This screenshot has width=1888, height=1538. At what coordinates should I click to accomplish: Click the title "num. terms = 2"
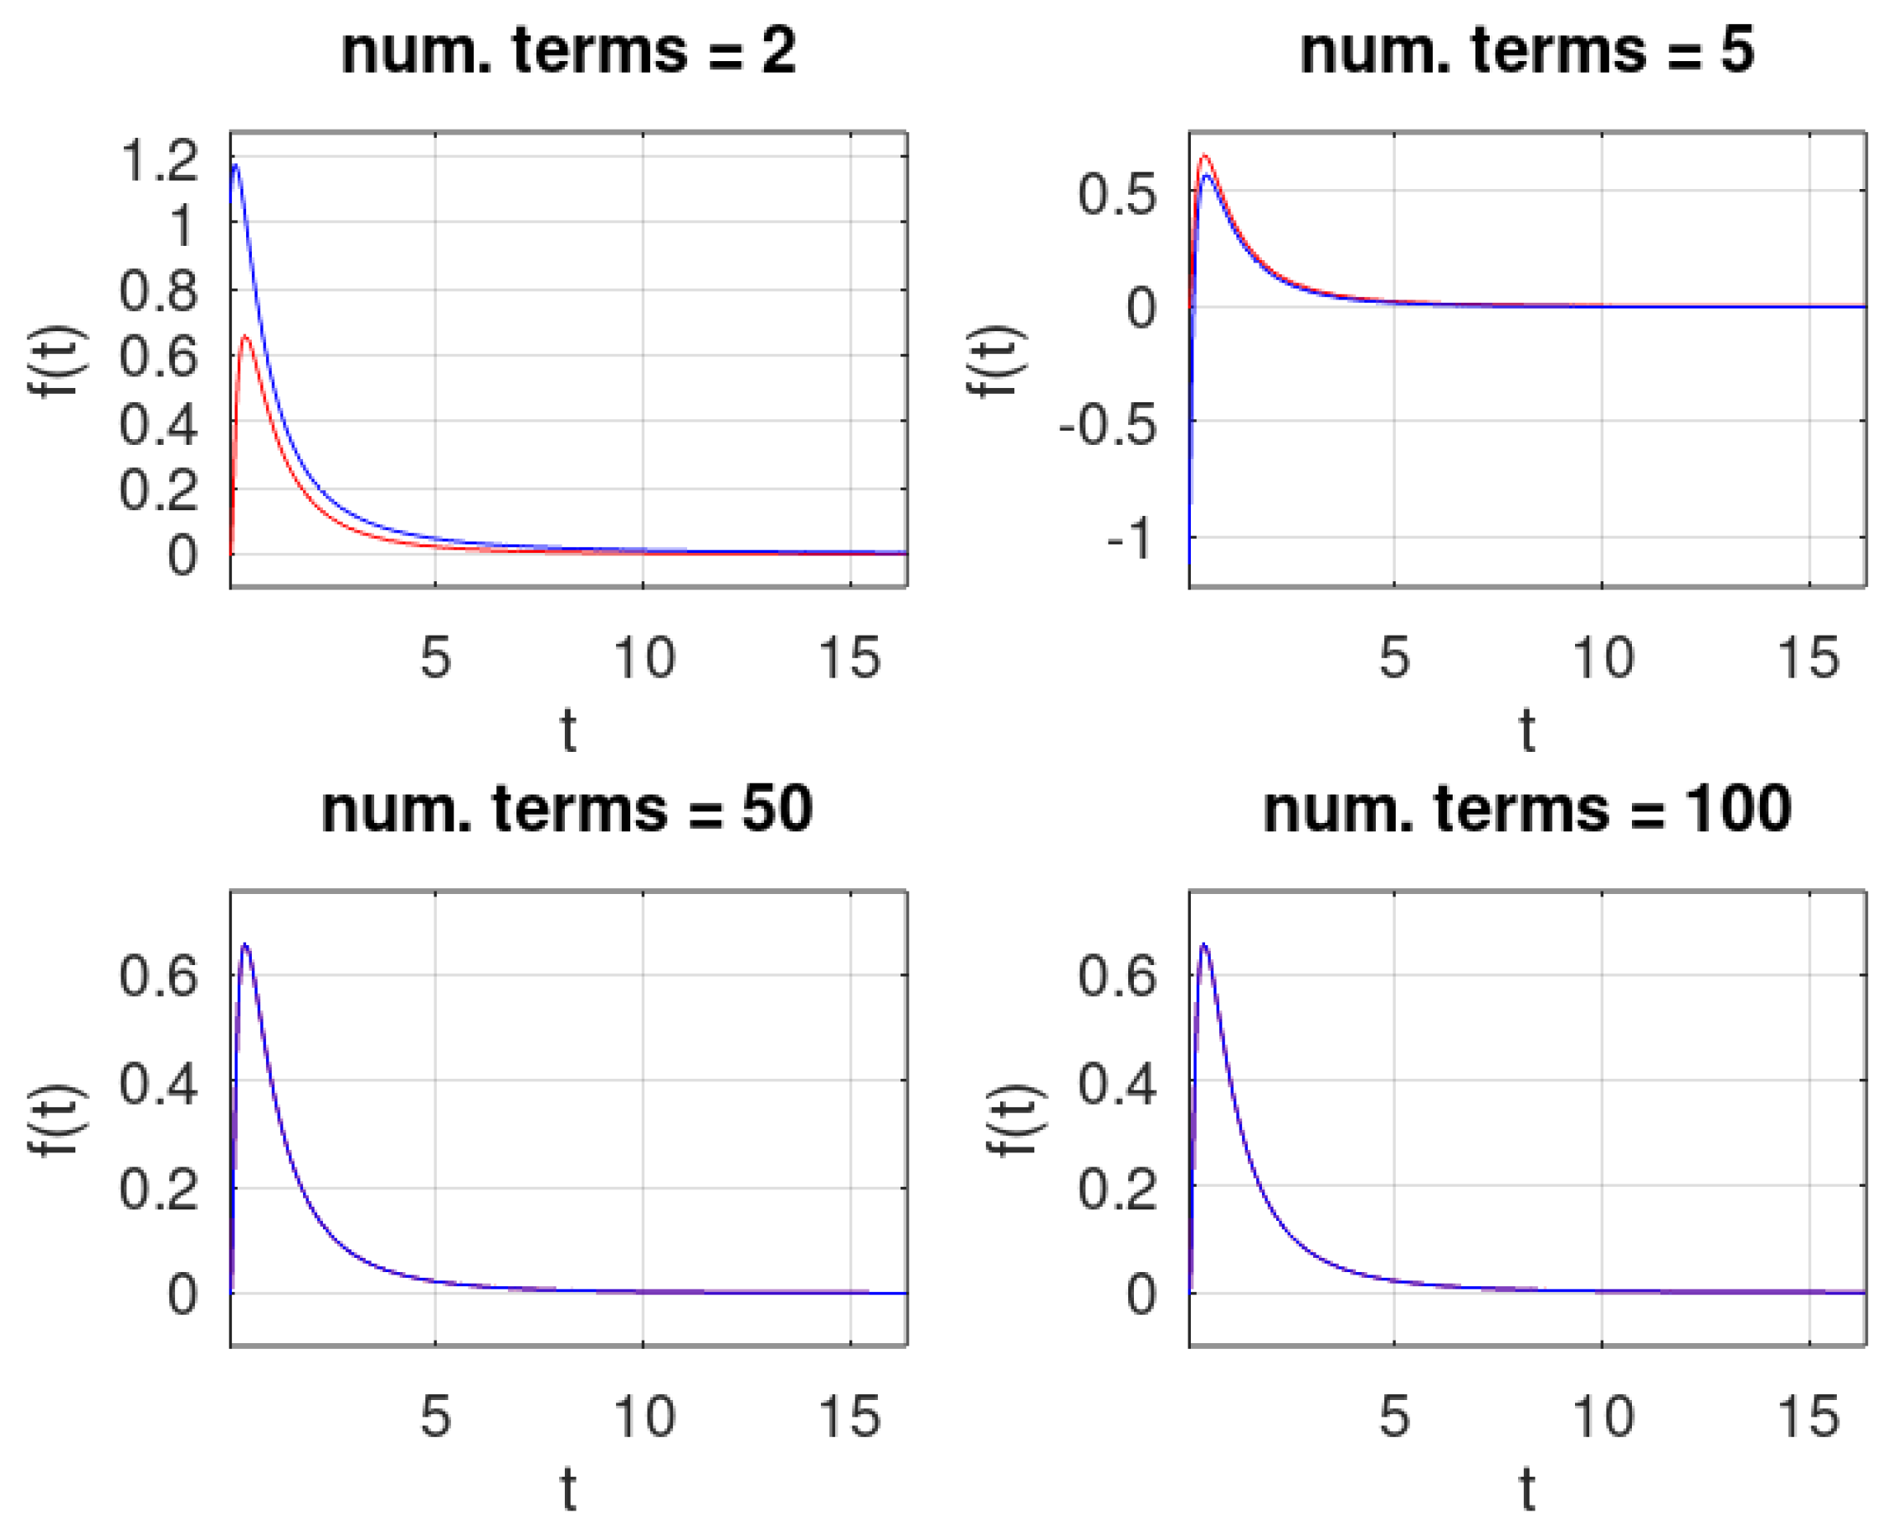click(x=568, y=50)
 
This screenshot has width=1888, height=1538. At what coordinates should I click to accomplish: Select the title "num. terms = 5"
click(x=1526, y=50)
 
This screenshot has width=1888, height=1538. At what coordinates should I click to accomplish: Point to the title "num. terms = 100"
click(x=1526, y=809)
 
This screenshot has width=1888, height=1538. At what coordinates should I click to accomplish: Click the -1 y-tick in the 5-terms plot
click(x=1132, y=538)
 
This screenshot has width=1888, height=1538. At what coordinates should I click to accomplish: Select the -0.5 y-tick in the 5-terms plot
click(x=1108, y=425)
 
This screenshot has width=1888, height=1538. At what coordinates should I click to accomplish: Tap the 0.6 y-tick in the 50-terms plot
click(x=159, y=977)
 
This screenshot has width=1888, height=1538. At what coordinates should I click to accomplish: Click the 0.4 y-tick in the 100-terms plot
click(x=1117, y=1083)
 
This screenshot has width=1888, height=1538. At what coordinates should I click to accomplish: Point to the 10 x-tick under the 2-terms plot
click(x=644, y=657)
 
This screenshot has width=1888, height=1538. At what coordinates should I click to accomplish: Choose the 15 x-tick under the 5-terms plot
click(x=1809, y=657)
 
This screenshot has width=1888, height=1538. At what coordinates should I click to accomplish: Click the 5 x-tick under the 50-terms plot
click(x=435, y=1416)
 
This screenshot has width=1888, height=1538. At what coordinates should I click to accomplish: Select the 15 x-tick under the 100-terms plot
click(x=1809, y=1416)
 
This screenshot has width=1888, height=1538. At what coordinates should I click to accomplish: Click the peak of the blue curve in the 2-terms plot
click(x=235, y=165)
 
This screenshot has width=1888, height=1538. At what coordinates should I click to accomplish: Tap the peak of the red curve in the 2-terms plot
click(x=245, y=337)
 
